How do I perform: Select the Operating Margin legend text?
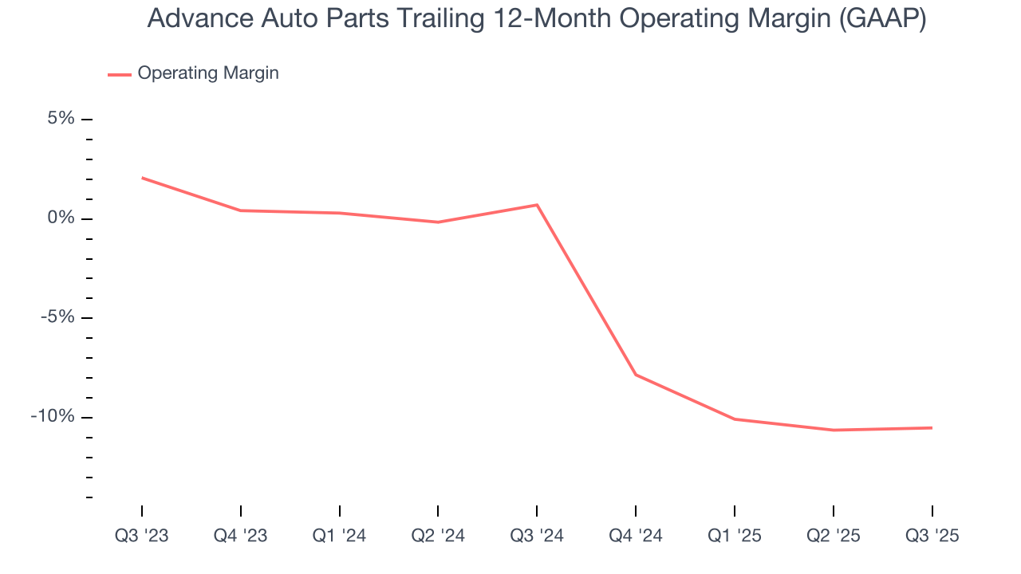(208, 73)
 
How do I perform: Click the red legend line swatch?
(120, 74)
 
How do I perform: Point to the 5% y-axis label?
(61, 119)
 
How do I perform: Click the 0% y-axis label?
(61, 218)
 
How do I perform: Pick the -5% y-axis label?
(57, 317)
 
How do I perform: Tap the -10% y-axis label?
(53, 416)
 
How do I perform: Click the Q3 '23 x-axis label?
(142, 536)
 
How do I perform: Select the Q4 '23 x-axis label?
(241, 536)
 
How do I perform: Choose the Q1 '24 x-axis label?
(340, 536)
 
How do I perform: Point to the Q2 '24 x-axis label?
(438, 536)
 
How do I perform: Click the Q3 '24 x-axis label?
(537, 536)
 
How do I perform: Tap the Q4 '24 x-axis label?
(636, 536)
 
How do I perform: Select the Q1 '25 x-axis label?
(735, 536)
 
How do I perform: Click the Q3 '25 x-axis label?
(932, 536)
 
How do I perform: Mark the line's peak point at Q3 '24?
(537, 205)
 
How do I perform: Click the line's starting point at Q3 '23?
(142, 178)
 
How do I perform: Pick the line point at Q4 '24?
(636, 375)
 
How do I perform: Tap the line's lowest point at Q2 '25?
(834, 431)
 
